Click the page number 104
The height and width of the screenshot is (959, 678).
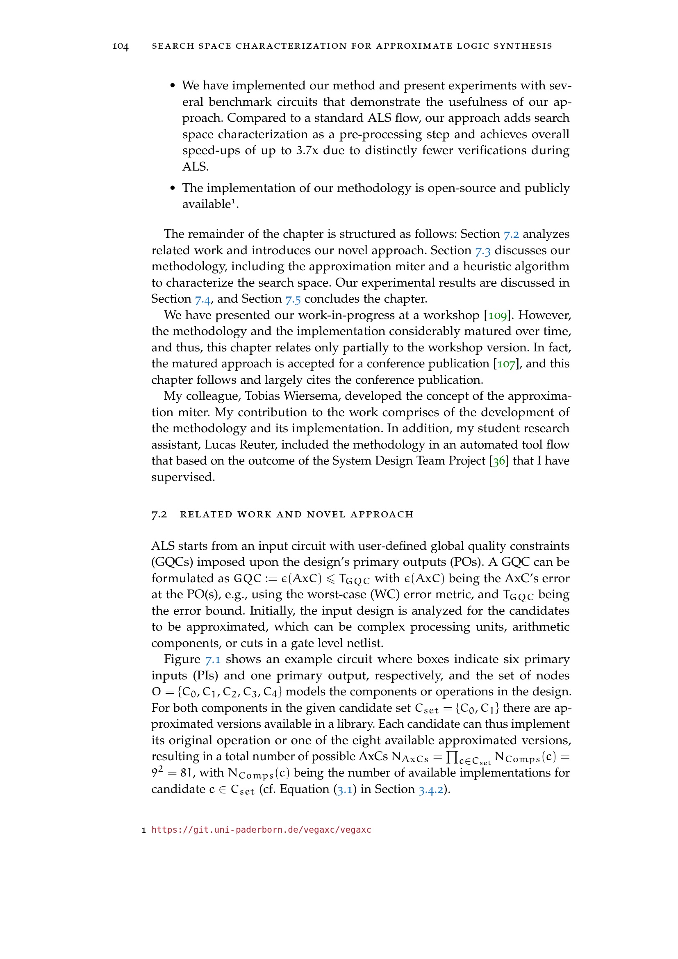tap(120, 46)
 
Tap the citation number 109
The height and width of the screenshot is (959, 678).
tap(497, 315)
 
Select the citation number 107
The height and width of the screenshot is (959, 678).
tap(506, 364)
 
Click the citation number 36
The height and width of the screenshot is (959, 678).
tap(499, 461)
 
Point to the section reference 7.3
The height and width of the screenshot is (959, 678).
tap(482, 251)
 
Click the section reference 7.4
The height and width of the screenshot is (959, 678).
tap(202, 299)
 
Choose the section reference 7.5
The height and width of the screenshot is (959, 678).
tap(293, 299)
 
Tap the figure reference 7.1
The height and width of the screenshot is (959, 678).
tap(212, 660)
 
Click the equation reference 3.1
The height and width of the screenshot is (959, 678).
tap(344, 789)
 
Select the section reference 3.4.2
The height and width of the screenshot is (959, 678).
tap(430, 789)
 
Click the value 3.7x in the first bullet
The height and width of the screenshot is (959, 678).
tap(307, 150)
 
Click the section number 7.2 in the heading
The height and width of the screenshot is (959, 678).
tap(159, 514)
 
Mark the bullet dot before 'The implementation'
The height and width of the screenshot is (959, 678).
tap(173, 188)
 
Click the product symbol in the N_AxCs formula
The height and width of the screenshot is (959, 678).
tap(452, 756)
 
